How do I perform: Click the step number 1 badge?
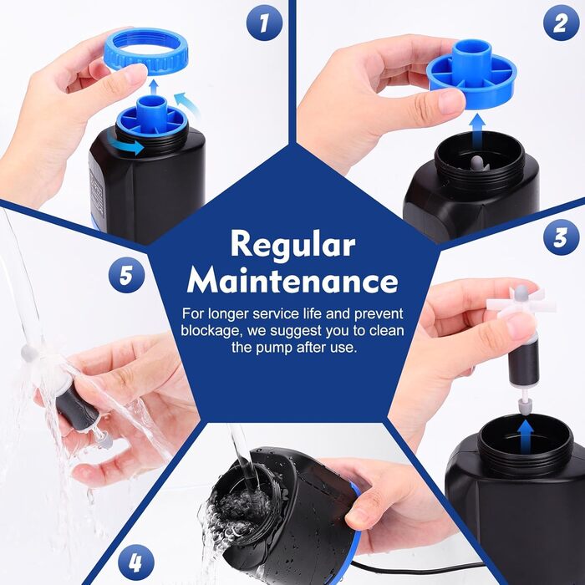(265, 23)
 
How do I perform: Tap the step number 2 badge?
(562, 23)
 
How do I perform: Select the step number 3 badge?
(562, 237)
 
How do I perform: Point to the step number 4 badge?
(136, 562)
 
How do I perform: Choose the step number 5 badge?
(126, 275)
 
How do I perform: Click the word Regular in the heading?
(292, 245)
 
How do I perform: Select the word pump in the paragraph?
(275, 348)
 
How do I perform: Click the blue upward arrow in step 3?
(526, 435)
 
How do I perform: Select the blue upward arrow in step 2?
(477, 131)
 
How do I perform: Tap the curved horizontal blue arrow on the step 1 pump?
(125, 145)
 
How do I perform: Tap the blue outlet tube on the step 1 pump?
(151, 114)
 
